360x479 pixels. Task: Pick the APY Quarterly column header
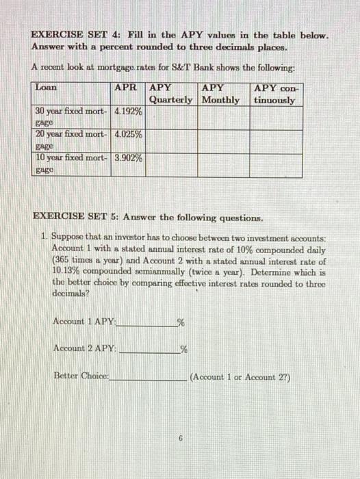point(171,94)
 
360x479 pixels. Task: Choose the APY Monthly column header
point(222,94)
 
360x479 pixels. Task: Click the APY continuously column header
point(274,94)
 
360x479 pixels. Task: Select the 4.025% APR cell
point(129,135)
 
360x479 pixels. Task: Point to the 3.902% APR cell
point(129,158)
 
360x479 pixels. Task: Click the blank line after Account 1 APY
point(146,323)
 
